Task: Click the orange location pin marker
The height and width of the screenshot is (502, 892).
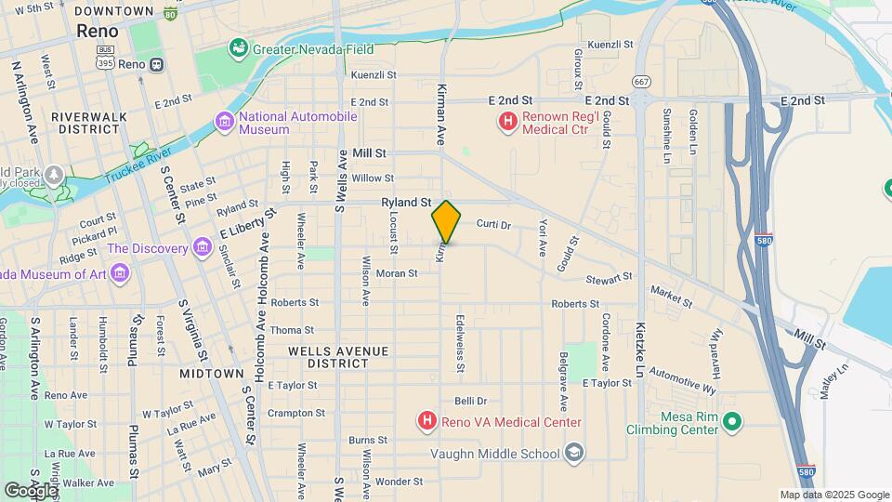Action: [446, 222]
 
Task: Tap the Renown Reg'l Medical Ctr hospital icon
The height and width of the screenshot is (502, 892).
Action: [507, 121]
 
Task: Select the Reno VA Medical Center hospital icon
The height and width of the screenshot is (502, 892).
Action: [426, 422]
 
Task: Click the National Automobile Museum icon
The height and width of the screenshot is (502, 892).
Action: [224, 122]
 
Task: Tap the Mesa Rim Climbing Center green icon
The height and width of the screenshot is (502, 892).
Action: [732, 423]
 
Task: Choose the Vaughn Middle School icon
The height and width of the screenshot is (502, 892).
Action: [575, 453]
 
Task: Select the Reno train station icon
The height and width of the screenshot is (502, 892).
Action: [156, 64]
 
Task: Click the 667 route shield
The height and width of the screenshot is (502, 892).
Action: [640, 81]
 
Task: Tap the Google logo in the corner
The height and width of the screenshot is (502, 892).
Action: [30, 490]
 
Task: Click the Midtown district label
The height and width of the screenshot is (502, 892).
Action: [213, 373]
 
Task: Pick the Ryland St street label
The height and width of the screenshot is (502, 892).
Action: [406, 202]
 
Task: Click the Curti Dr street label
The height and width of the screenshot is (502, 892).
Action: [493, 225]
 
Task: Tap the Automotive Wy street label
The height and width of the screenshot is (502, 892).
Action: [683, 379]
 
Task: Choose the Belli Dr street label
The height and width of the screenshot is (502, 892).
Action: [471, 402]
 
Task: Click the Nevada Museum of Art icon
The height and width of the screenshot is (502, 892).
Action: [120, 272]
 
